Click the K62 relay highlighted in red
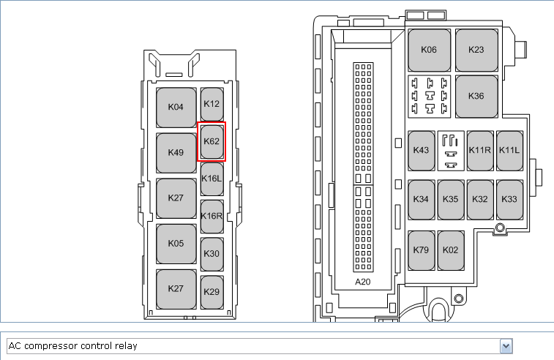[x=212, y=142]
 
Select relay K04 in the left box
[x=176, y=108]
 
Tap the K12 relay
[x=212, y=104]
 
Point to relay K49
[x=176, y=153]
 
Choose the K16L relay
[x=212, y=179]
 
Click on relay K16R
[x=212, y=217]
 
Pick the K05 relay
[x=176, y=244]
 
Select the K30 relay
[x=212, y=254]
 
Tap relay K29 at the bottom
[x=212, y=292]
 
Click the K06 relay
[x=430, y=50]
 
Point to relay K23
[x=476, y=50]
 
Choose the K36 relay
[x=476, y=97]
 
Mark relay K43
[x=422, y=151]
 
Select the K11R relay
[x=480, y=151]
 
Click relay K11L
[x=509, y=151]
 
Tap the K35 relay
[x=451, y=200]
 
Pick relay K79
[x=422, y=250]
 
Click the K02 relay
[x=451, y=250]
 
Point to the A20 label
[x=363, y=282]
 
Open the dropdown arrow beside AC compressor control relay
[x=506, y=346]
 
